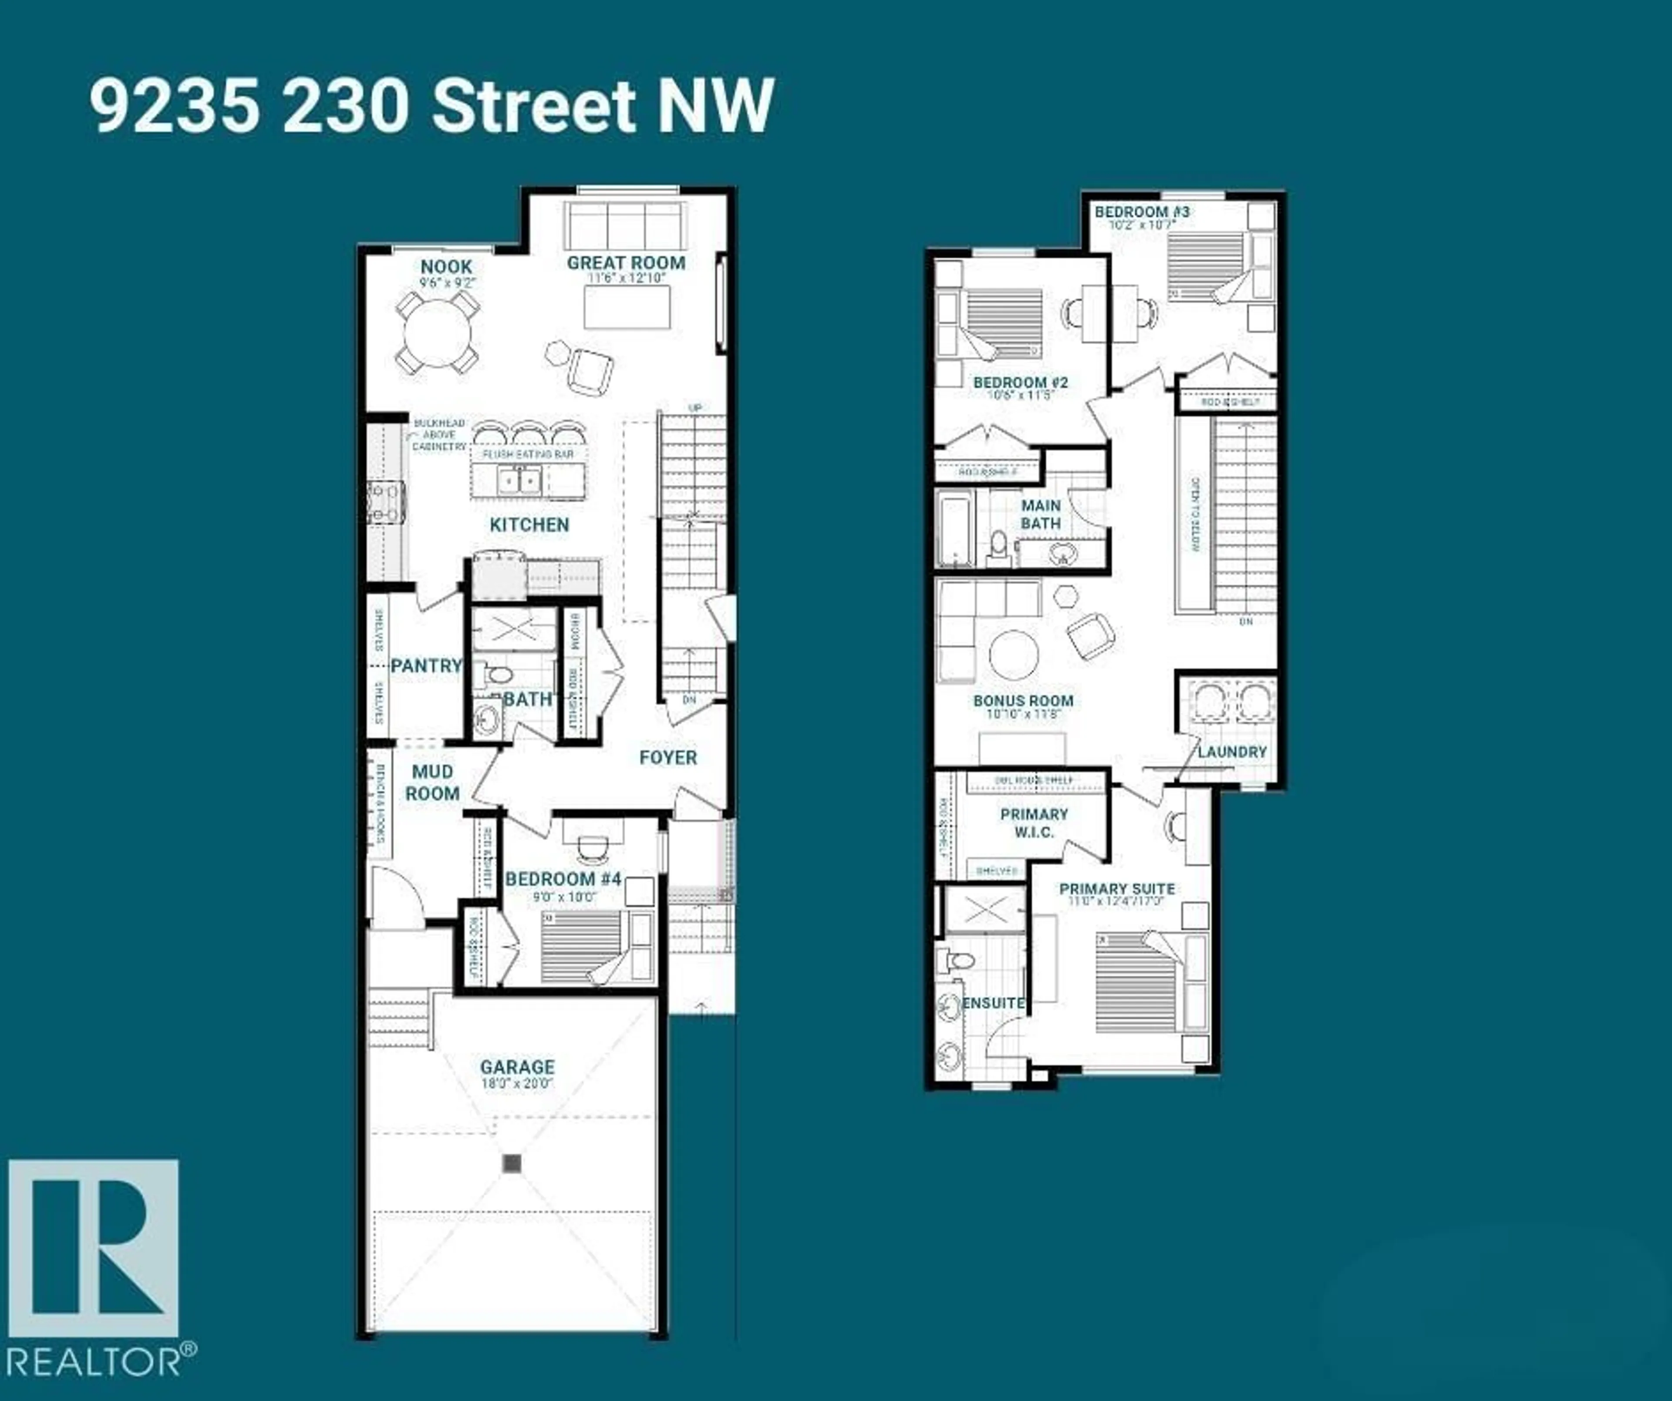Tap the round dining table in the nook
click(x=437, y=333)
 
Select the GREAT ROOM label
click(x=626, y=263)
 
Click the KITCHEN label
click(x=529, y=524)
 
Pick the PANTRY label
click(x=426, y=665)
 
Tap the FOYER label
click(x=668, y=757)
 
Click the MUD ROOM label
click(x=432, y=783)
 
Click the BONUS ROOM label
click(x=1023, y=701)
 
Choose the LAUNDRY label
click(x=1232, y=752)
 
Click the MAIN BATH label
click(x=1041, y=514)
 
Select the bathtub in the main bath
click(x=953, y=528)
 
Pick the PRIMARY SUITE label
click(x=1117, y=888)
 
